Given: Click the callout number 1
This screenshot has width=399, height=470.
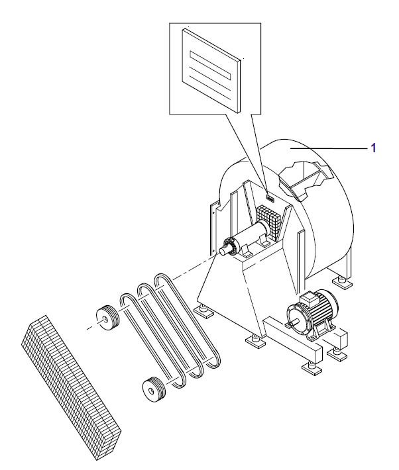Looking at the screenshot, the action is pos(373,148).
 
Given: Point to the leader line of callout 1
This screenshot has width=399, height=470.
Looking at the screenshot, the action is pos(328,148).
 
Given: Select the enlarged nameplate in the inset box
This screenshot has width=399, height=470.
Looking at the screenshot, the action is pos(211,70).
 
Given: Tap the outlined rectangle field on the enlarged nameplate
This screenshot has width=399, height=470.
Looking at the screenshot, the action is pos(210,66).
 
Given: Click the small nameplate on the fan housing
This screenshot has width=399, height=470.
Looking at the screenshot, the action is pos(270,197).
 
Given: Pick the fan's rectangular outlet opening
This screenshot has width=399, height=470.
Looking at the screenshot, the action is pos(304,179).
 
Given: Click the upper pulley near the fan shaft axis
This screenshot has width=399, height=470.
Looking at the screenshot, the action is pos(107,318).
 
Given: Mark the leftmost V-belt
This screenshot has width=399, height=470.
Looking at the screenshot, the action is pos(152,340).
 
